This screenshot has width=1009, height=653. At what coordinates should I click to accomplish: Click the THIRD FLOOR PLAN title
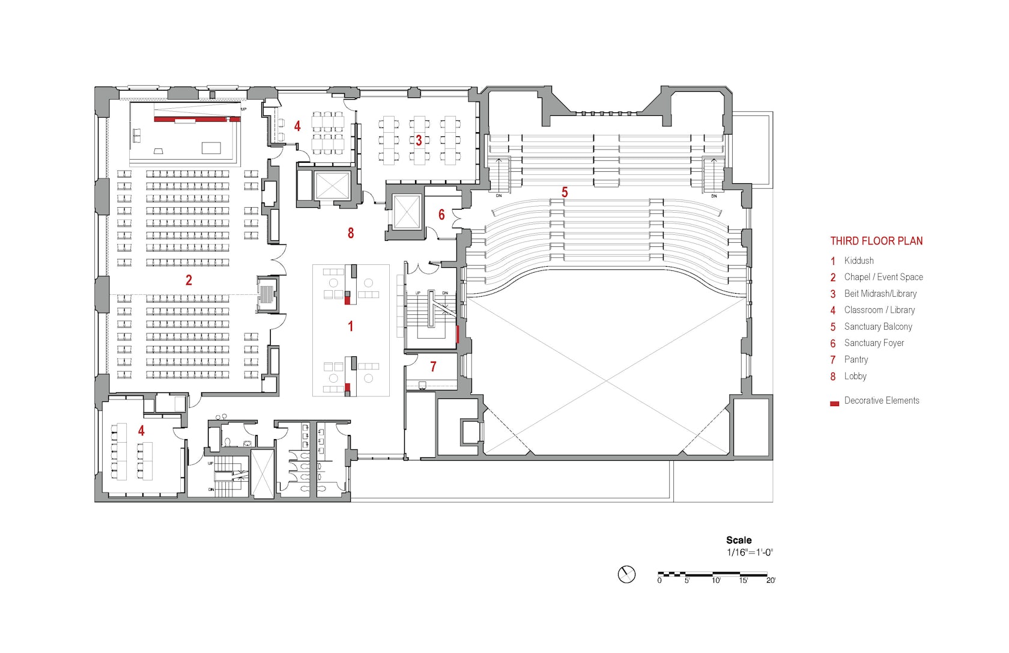coord(876,241)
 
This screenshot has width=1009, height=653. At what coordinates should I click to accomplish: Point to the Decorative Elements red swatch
coord(834,404)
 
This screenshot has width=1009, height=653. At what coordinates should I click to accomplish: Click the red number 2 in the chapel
coord(189,280)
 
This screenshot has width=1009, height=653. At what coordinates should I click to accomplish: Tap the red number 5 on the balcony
coord(565,192)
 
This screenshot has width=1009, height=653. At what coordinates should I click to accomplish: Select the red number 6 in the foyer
coord(441,214)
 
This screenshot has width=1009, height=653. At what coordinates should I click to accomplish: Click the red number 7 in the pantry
coord(433,366)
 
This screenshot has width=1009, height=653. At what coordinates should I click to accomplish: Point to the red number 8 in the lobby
coord(351,233)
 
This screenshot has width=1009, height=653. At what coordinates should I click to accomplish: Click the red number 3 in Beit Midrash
coord(419,141)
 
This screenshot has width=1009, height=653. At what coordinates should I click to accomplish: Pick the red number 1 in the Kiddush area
coord(351,326)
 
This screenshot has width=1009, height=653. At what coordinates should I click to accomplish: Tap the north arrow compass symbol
coord(626,574)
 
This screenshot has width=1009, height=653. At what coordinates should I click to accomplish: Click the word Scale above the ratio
coord(739,540)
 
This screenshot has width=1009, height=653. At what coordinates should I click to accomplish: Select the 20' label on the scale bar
coord(771,580)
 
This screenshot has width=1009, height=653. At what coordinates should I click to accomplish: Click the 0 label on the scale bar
coord(659,580)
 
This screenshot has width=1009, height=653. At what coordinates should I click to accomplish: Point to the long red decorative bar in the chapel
coord(197,119)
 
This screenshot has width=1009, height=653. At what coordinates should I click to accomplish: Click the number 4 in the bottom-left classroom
coord(141,431)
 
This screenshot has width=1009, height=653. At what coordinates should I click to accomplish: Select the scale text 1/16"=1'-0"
coord(750,553)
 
